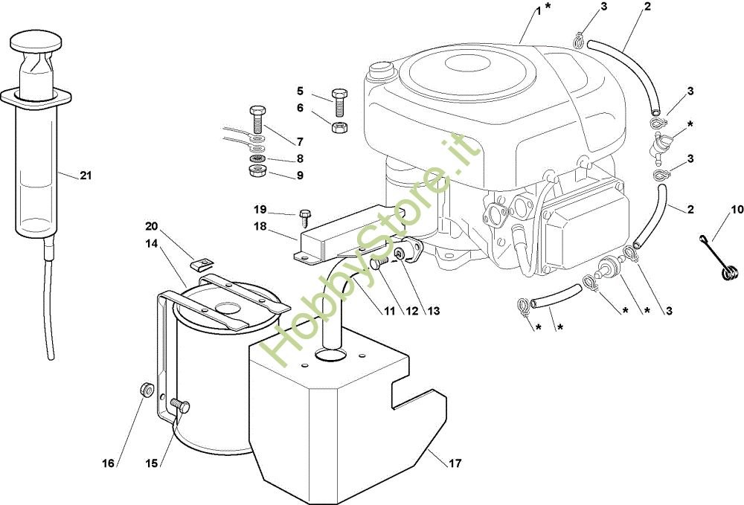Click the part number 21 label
[86, 176]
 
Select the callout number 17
[455, 463]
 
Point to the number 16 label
[109, 463]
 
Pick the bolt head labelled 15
[182, 406]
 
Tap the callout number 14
[152, 243]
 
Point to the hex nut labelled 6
[337, 127]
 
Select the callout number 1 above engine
[539, 10]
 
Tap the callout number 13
[433, 311]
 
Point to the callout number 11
[390, 311]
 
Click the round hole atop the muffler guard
[328, 356]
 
